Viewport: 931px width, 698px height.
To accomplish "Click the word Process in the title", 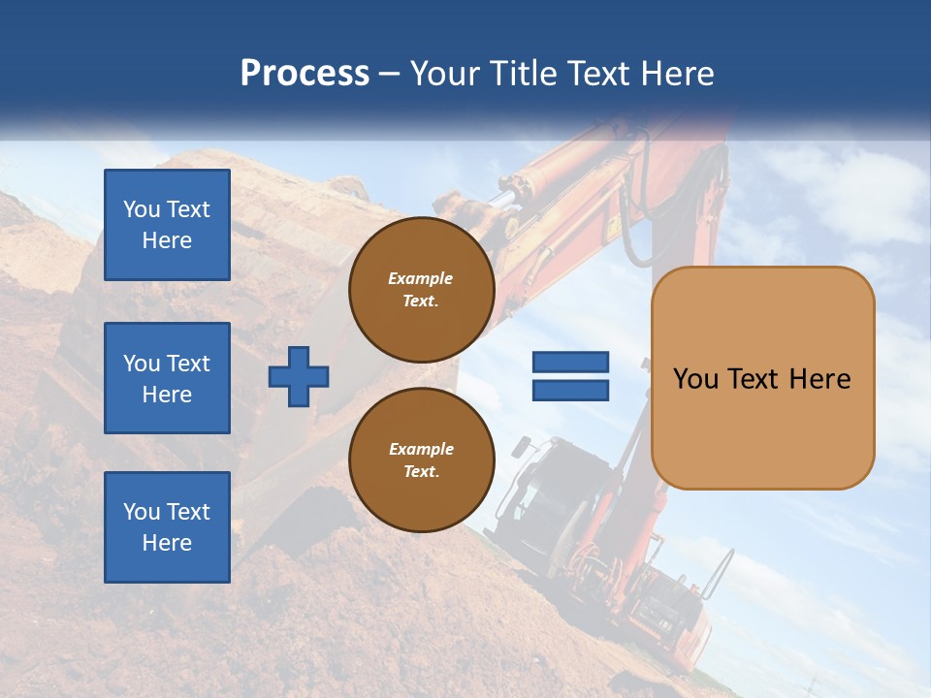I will (x=305, y=74).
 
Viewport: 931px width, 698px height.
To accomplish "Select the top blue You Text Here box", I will (x=167, y=225).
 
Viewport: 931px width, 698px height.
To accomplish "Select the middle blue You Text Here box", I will (x=167, y=378).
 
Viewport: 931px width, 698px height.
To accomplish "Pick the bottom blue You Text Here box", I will (x=167, y=526).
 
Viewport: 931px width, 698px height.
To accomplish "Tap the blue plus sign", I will (x=299, y=376).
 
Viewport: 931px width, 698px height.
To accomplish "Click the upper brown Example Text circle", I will (x=421, y=290).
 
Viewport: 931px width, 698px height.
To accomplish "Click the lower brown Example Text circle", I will (x=421, y=460).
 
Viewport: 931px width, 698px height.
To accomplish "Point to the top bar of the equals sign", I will (x=570, y=363).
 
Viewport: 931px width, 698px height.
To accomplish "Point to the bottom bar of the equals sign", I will (x=570, y=391).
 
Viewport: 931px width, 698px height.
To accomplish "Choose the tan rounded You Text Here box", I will (x=762, y=378).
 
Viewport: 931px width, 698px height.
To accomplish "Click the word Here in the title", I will (x=676, y=74).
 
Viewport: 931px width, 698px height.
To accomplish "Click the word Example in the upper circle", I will (x=421, y=278).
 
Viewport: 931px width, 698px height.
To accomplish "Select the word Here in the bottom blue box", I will (x=167, y=543).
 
